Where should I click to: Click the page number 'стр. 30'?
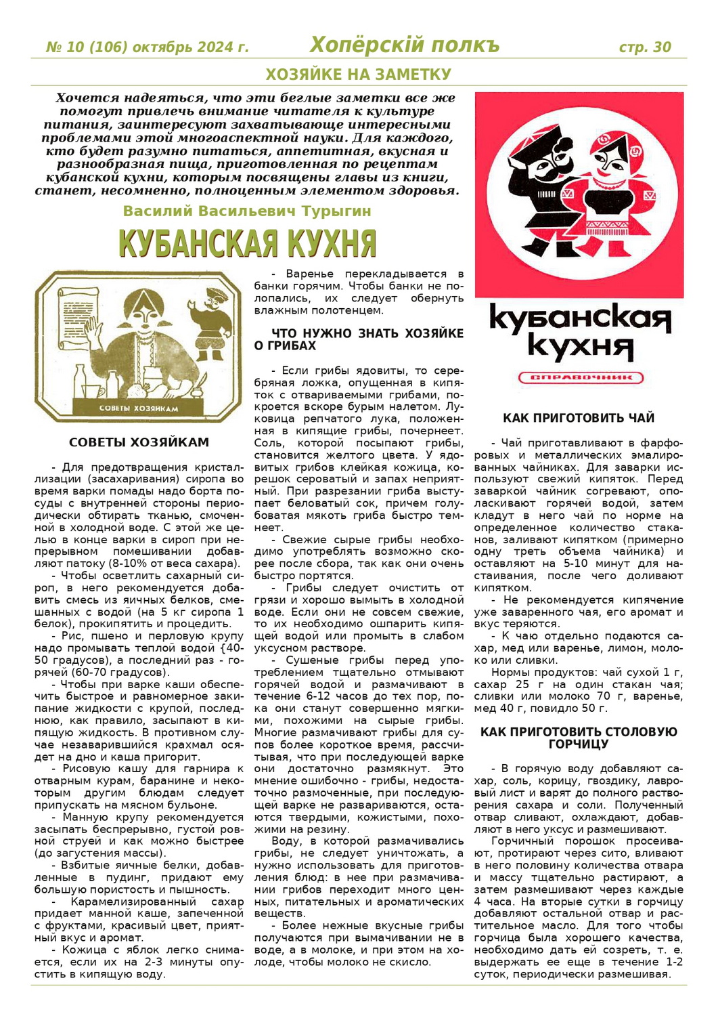pos(644,47)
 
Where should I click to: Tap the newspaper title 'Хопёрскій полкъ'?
pos(404,45)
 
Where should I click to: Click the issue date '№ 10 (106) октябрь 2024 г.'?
pos(147,47)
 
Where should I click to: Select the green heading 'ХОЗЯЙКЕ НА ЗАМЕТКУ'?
pos(358,74)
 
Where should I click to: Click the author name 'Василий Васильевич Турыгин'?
pos(247,211)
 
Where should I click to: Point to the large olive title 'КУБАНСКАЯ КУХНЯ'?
pos(247,244)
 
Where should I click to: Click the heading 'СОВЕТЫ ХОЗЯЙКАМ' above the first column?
pos(139,442)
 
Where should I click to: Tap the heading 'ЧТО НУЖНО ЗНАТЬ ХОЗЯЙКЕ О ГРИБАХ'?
pos(359,339)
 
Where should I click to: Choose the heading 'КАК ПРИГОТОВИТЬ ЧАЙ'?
pos(579,418)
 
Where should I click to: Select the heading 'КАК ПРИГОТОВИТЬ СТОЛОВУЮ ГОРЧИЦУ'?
pos(579,738)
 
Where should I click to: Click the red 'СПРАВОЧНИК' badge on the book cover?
pos(580,377)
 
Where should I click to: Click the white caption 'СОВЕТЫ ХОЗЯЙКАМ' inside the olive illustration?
pos(139,408)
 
